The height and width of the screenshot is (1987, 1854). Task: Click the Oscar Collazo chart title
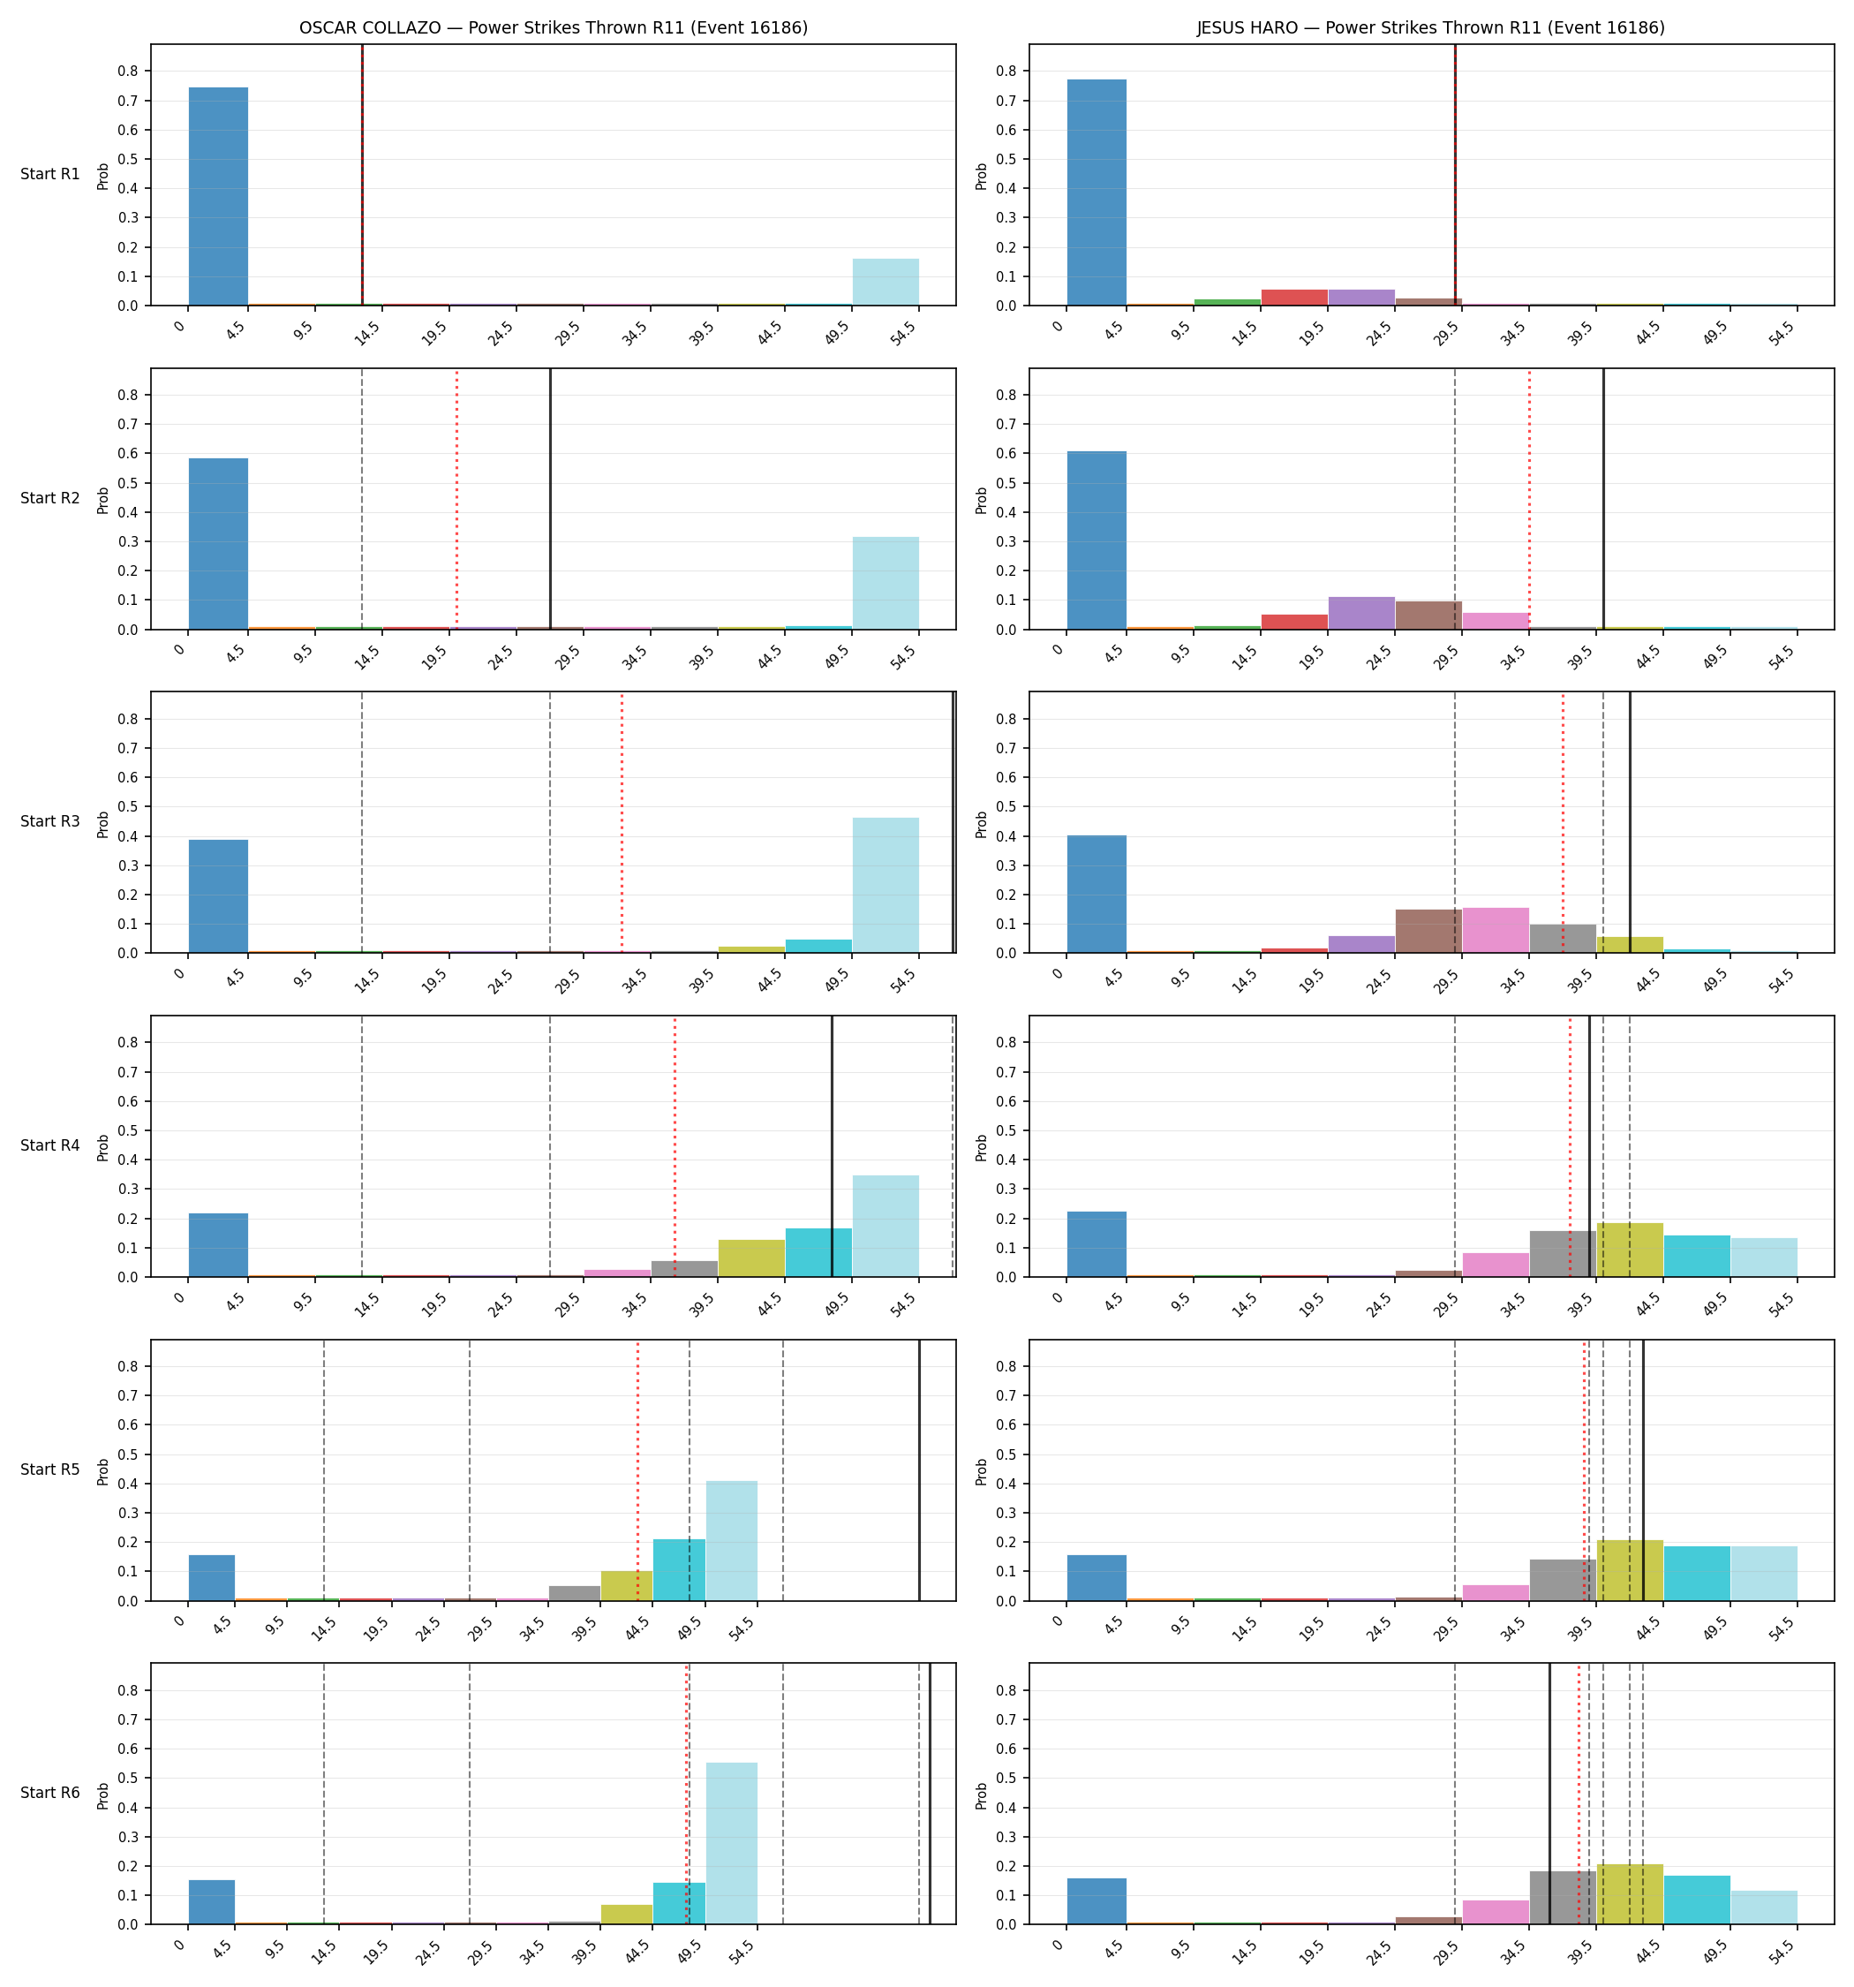point(553,28)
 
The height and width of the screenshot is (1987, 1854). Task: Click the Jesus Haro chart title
point(1431,28)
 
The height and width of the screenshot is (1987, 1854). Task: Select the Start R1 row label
point(50,174)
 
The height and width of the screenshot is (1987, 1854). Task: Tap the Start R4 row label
point(50,1145)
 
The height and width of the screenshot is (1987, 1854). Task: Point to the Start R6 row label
point(50,1793)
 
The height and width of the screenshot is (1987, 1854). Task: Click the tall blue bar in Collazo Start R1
point(218,196)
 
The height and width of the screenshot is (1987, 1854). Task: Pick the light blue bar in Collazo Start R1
point(886,282)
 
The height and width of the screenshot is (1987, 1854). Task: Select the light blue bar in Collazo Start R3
point(886,886)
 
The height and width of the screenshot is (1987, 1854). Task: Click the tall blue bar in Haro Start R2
point(1097,540)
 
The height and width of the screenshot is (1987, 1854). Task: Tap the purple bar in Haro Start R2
point(1361,613)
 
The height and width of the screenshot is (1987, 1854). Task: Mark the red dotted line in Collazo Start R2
point(456,499)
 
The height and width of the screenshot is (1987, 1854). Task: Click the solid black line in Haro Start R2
point(1603,499)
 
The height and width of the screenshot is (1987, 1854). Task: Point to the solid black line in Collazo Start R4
point(832,1146)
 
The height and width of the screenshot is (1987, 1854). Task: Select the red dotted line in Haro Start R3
point(1564,822)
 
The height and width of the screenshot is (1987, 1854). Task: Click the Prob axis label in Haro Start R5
point(982,1471)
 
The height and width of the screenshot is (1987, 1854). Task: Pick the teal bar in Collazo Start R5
point(679,1570)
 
